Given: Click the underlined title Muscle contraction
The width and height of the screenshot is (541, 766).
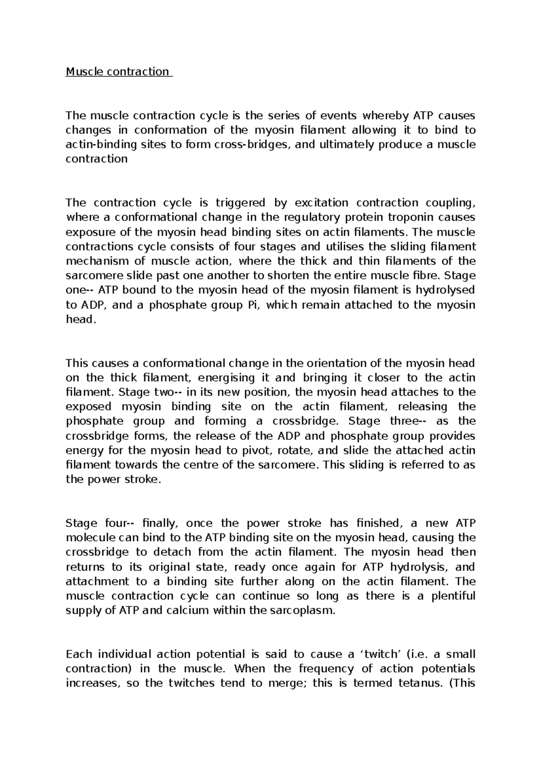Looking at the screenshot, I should (x=119, y=72).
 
